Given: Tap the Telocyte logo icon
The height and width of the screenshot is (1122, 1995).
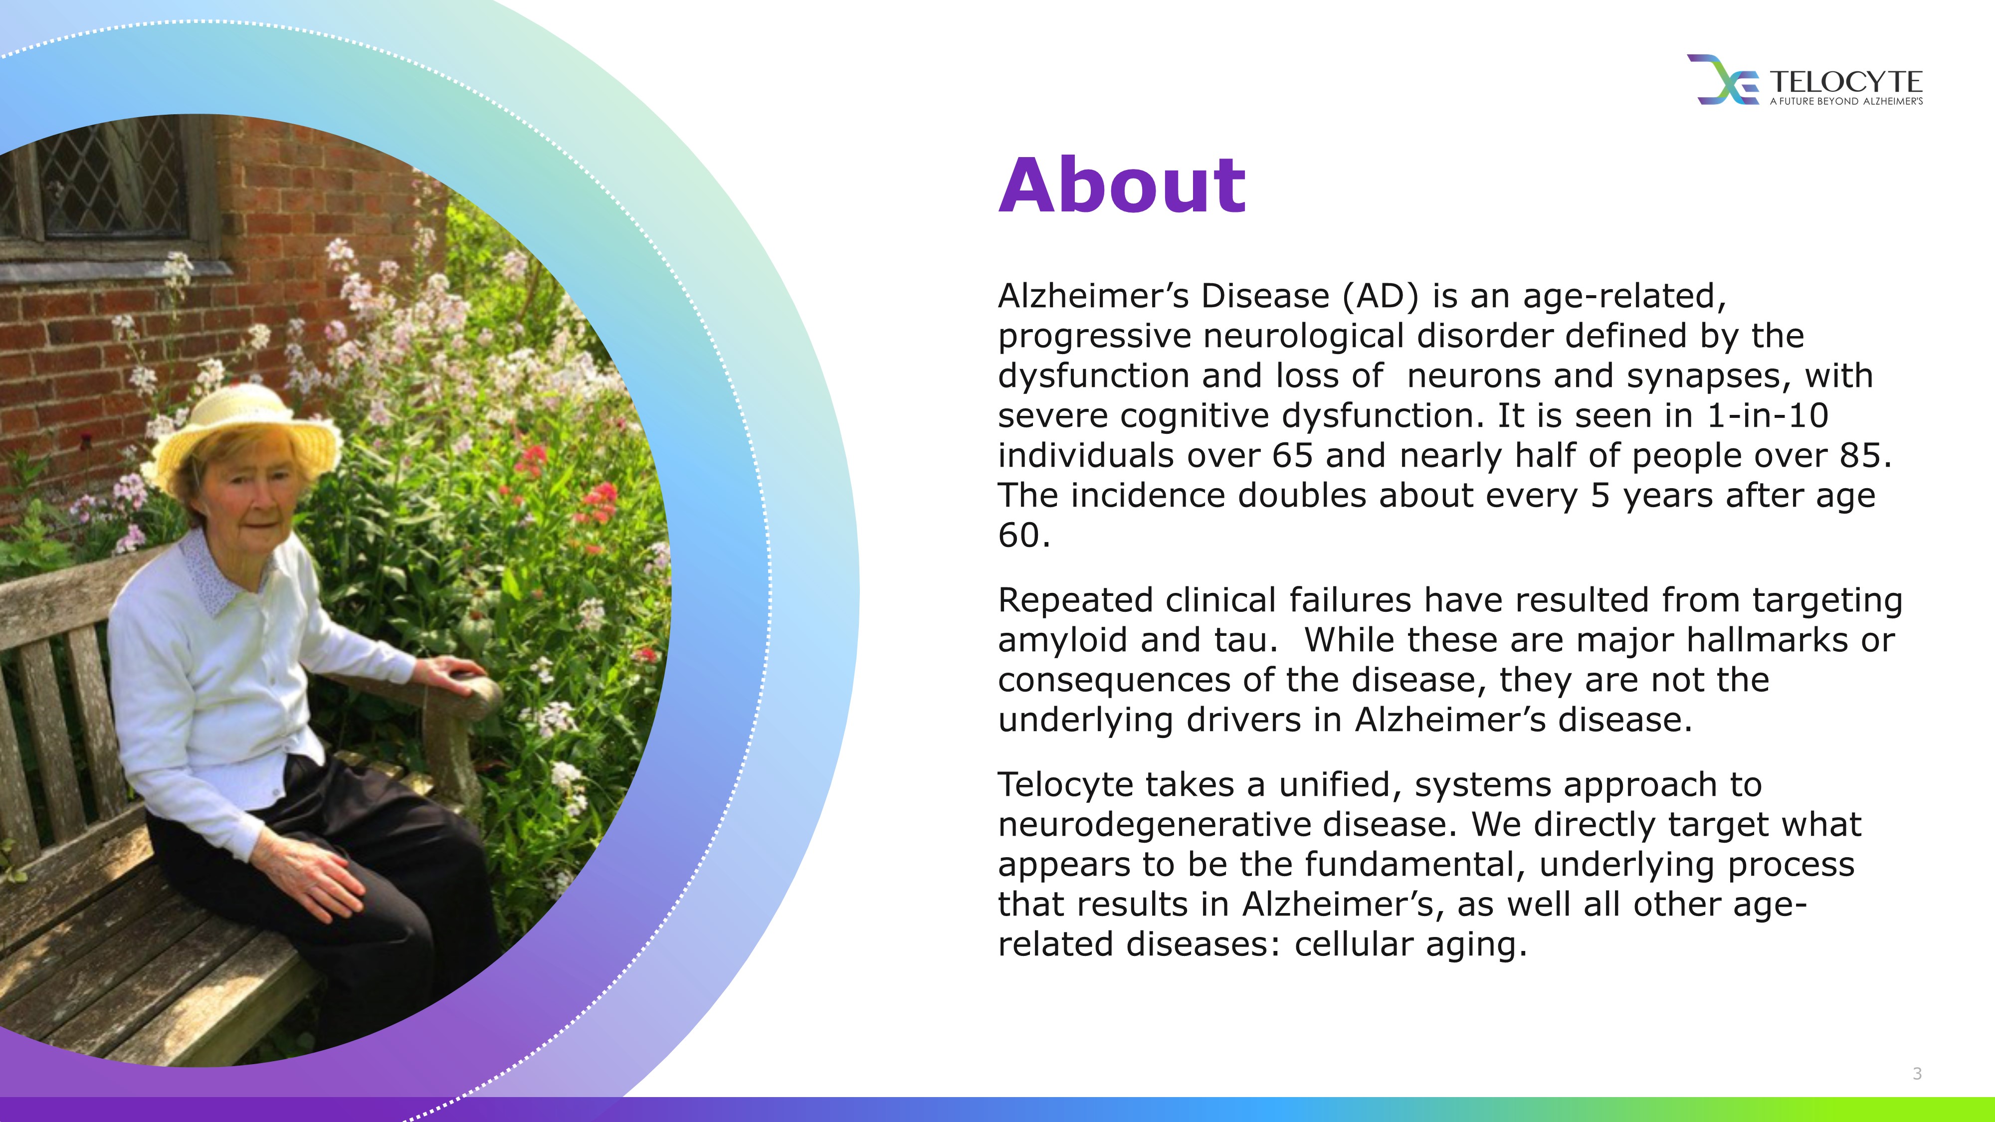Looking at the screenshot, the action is pyautogui.click(x=1723, y=79).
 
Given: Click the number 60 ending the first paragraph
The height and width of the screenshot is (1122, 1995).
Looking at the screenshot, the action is pyautogui.click(x=1018, y=535).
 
